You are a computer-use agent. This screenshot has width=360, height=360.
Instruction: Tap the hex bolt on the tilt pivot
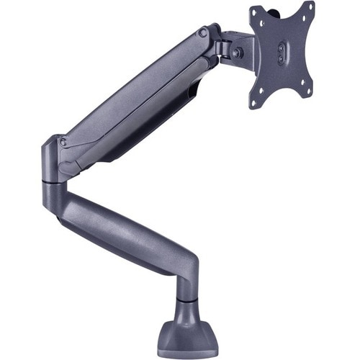(236, 53)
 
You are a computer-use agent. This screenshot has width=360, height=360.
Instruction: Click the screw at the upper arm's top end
(204, 33)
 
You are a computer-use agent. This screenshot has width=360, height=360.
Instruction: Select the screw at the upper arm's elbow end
(63, 143)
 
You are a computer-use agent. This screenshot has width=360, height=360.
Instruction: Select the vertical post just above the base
(186, 288)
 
